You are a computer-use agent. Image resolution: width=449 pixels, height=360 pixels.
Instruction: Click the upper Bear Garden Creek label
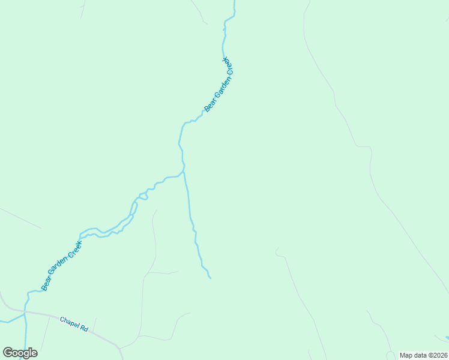tap(218, 85)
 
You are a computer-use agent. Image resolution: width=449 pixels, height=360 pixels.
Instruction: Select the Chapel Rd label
tap(74, 325)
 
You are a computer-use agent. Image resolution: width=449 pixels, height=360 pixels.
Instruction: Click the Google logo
tap(20, 353)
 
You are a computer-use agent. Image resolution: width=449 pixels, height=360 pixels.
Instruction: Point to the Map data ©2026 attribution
tap(424, 355)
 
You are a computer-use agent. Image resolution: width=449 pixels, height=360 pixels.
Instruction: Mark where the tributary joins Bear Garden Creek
tap(183, 172)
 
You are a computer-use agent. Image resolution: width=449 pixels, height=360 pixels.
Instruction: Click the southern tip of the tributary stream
tap(210, 278)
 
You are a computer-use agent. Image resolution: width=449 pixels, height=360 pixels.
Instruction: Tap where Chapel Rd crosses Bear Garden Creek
tap(25, 313)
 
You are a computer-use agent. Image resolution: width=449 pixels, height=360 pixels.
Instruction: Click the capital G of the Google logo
tap(8, 352)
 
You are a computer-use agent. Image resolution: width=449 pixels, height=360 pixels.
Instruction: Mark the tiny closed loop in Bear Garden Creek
tap(143, 196)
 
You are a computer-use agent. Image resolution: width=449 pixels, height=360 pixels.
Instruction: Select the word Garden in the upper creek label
tap(218, 85)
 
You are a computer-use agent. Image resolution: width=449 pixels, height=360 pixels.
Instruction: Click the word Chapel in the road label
tap(69, 322)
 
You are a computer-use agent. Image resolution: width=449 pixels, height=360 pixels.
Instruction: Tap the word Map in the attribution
tap(406, 355)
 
